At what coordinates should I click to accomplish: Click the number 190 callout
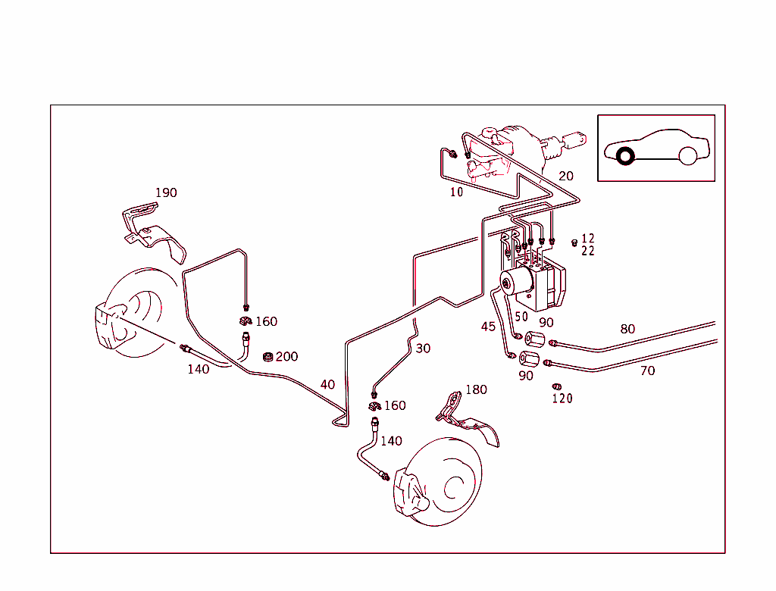[x=166, y=192]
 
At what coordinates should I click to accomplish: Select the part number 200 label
[x=286, y=356]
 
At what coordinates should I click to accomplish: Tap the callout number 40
[x=327, y=384]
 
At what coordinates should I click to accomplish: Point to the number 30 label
[x=423, y=349]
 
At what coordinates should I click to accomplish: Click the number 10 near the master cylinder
[x=456, y=192]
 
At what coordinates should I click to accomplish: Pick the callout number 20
[x=566, y=176]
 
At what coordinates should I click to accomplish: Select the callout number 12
[x=588, y=239]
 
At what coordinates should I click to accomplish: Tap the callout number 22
[x=588, y=252]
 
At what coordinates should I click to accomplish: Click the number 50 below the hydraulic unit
[x=521, y=317]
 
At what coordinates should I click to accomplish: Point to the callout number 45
[x=489, y=327]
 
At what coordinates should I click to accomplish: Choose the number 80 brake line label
[x=627, y=329]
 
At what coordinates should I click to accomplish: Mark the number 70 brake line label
[x=647, y=371]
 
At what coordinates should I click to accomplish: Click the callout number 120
[x=562, y=399]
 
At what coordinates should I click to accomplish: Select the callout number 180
[x=476, y=389]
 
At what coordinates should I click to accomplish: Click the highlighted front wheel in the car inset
[x=626, y=157]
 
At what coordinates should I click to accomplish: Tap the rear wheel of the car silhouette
[x=687, y=156]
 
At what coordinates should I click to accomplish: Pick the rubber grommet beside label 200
[x=268, y=357]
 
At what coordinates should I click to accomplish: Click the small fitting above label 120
[x=557, y=386]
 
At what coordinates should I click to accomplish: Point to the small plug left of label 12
[x=574, y=242]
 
